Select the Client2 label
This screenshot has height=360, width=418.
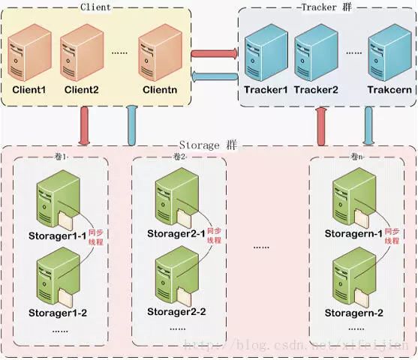pyautogui.click(x=81, y=89)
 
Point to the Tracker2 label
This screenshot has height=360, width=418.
pyautogui.click(x=316, y=90)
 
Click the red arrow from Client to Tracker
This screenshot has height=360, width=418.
pyautogui.click(x=214, y=53)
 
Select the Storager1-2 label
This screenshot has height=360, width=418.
pyautogui.click(x=58, y=312)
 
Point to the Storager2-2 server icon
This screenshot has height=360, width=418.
pyautogui.click(x=172, y=277)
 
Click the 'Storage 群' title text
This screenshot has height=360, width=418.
pyautogui.click(x=209, y=145)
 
